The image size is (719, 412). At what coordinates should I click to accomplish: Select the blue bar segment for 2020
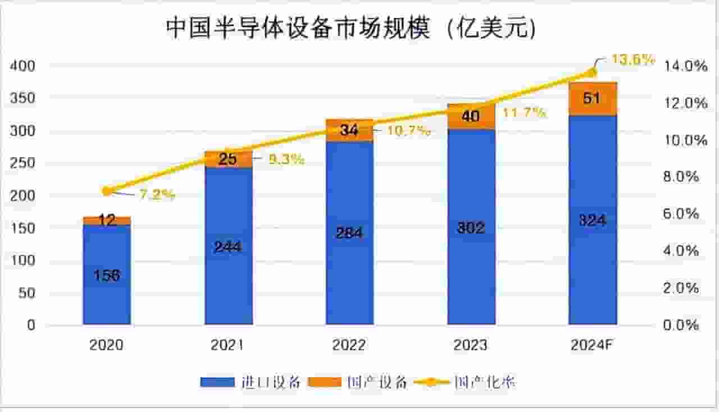point(107,275)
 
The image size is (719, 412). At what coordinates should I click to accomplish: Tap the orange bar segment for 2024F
point(593,99)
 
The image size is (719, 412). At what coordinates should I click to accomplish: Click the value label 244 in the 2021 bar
point(227,246)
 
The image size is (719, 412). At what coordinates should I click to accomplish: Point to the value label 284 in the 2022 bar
point(349,233)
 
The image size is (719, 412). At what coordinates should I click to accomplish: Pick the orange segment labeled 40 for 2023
point(471,117)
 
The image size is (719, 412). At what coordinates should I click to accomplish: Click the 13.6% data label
point(633,59)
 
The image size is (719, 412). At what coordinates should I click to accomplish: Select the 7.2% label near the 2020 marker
point(157,195)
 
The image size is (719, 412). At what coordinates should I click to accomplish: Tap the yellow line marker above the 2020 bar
point(107,191)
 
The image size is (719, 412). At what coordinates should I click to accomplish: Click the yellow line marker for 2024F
point(593,72)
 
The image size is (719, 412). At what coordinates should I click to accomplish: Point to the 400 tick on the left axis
point(23,66)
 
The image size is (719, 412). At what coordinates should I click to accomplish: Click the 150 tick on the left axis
point(23,228)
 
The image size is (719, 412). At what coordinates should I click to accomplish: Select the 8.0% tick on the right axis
point(681,177)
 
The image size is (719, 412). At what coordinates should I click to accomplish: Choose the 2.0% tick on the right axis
point(681,288)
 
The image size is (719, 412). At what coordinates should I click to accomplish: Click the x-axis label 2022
point(349,345)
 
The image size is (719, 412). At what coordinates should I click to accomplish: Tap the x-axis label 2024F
point(593,345)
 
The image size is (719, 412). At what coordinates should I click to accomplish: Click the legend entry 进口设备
point(252,383)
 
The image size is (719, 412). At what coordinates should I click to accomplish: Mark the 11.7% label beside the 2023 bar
point(524,113)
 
